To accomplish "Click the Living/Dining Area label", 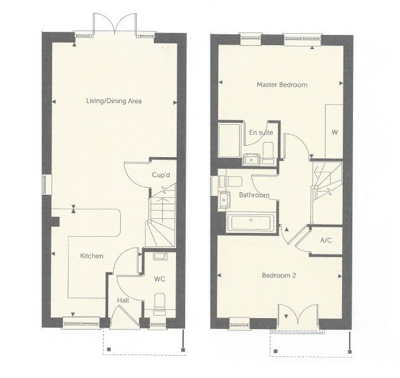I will click(x=114, y=101).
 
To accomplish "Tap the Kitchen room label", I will click(x=92, y=256).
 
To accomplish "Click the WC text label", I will click(x=160, y=279).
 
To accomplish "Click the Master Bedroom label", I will click(x=282, y=85).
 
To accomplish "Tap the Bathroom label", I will click(x=254, y=195).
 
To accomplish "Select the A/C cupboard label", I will click(x=326, y=241).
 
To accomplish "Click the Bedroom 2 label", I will click(x=280, y=276).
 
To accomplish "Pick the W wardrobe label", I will click(x=334, y=132).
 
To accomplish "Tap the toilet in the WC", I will click(x=160, y=303).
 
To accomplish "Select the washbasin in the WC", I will click(x=160, y=256).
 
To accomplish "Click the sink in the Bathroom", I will click(x=224, y=199).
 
